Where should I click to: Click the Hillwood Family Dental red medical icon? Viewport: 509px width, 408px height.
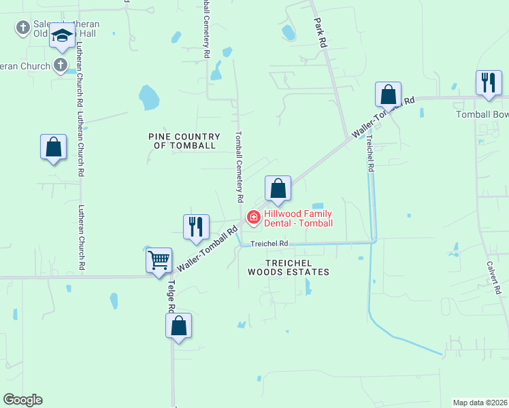coord(253,218)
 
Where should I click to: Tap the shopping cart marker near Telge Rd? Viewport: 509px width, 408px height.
coord(159,260)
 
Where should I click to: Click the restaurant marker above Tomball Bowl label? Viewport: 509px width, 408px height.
coord(488,84)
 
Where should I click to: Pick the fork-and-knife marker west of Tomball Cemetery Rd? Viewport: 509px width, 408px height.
coord(196,226)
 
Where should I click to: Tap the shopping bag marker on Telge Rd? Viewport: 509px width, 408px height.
coord(178,325)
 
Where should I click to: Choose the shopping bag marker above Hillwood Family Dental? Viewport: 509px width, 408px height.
coord(278,188)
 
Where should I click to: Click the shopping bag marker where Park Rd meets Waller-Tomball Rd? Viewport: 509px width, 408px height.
coord(388,95)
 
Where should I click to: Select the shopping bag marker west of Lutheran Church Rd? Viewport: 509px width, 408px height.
coord(53,147)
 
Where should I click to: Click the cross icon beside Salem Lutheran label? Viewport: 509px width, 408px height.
coord(22,29)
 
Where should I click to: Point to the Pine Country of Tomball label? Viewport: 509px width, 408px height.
coord(182,141)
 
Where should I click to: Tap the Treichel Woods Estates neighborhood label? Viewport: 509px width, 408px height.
coord(288,267)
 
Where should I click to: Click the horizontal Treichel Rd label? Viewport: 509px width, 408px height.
coord(269,243)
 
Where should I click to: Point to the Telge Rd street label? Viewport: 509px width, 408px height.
coord(170,297)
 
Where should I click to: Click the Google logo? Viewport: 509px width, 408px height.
coord(22,400)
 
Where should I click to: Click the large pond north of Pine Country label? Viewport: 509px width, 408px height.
coord(148,97)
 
